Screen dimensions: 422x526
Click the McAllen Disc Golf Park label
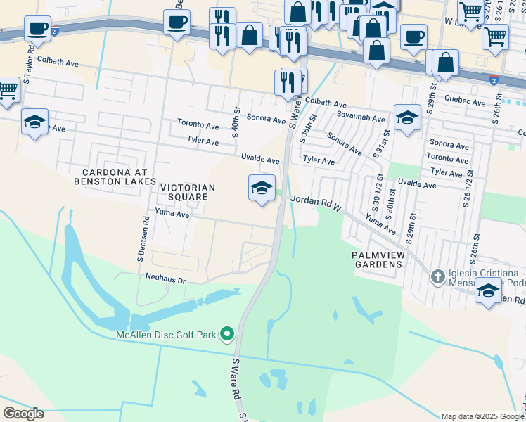point(165,334)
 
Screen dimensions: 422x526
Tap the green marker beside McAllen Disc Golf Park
point(227,333)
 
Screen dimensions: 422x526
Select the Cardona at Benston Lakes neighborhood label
point(115,177)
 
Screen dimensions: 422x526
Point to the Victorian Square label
point(187,192)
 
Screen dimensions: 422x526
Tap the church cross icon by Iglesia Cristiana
point(437,276)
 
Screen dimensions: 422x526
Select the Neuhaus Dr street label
point(165,280)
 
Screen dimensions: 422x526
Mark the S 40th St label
point(236,120)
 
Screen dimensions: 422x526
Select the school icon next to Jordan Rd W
point(262,188)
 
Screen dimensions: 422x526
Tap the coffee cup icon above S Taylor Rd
point(37,29)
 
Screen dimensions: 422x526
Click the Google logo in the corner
point(23,414)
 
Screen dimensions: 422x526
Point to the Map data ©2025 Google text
point(482,416)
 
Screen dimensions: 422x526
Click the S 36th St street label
point(304,130)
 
